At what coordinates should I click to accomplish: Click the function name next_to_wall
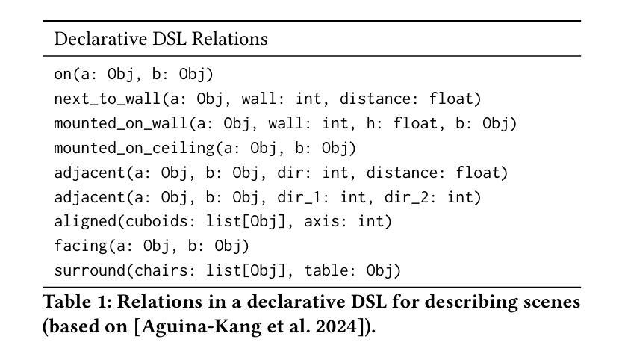point(89,98)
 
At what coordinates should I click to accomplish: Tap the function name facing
point(72,246)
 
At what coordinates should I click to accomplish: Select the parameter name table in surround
point(326,270)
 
